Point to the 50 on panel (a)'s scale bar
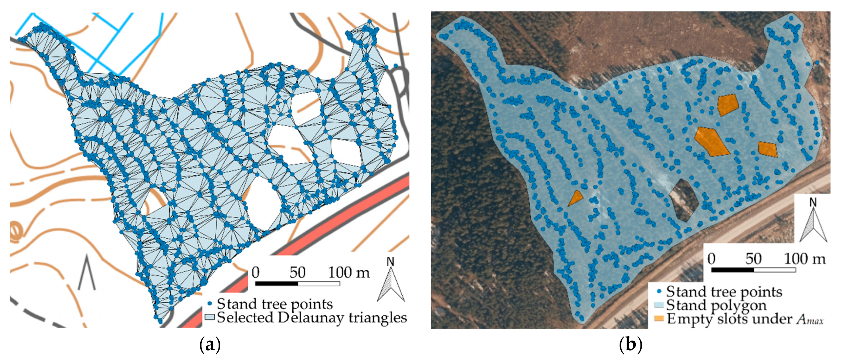pyautogui.click(x=297, y=273)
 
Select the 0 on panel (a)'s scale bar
pyautogui.click(x=256, y=273)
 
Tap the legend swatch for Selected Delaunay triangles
pyautogui.click(x=209, y=317)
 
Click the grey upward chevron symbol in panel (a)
pyautogui.click(x=87, y=273)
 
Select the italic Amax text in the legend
pyautogui.click(x=810, y=319)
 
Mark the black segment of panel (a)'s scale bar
pyautogui.click(x=276, y=284)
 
